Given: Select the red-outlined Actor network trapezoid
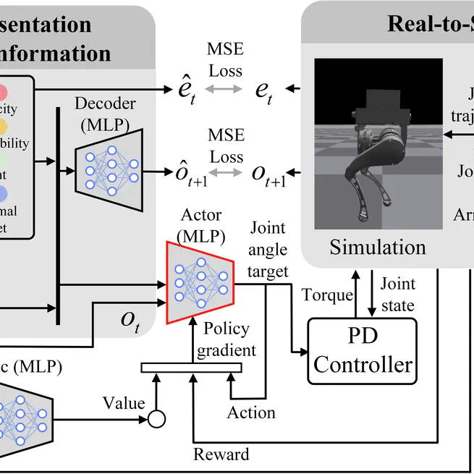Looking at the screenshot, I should (200, 282).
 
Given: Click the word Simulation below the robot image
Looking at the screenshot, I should (378, 247).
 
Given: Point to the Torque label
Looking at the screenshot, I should (327, 295).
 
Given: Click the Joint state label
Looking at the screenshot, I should (397, 294).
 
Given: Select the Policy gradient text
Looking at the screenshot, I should (229, 339).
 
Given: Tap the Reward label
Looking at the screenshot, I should (221, 454).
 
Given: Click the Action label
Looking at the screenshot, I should (251, 412).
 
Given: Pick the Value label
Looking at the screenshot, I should (124, 402).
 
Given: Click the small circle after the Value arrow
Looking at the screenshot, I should (156, 419).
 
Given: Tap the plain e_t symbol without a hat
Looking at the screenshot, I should (265, 90).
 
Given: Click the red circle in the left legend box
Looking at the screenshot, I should (3, 93).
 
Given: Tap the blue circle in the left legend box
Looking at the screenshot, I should (3, 192).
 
